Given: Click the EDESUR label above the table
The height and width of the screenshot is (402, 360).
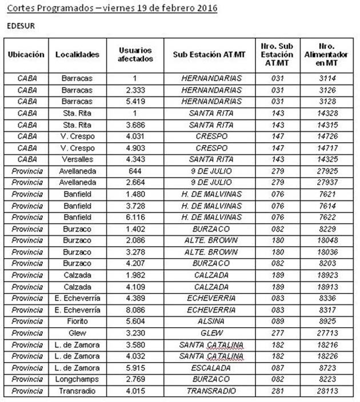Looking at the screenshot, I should click(21, 26).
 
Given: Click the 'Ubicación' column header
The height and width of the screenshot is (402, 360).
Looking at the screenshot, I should click(26, 54).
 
